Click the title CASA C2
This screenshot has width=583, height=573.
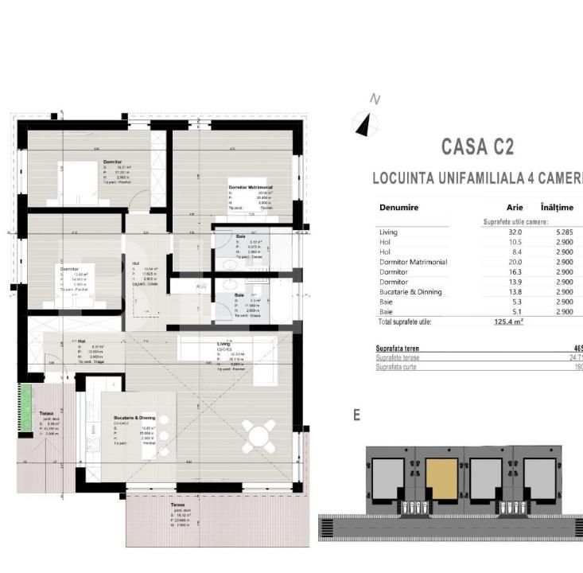[x=476, y=147]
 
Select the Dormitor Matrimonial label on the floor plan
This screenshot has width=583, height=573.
[x=251, y=187]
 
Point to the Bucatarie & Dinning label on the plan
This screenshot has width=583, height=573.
[x=134, y=417]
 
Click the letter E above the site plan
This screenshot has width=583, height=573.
[x=357, y=415]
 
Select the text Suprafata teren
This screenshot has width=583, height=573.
[x=398, y=349]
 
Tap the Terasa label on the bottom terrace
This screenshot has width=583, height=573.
[x=177, y=505]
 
